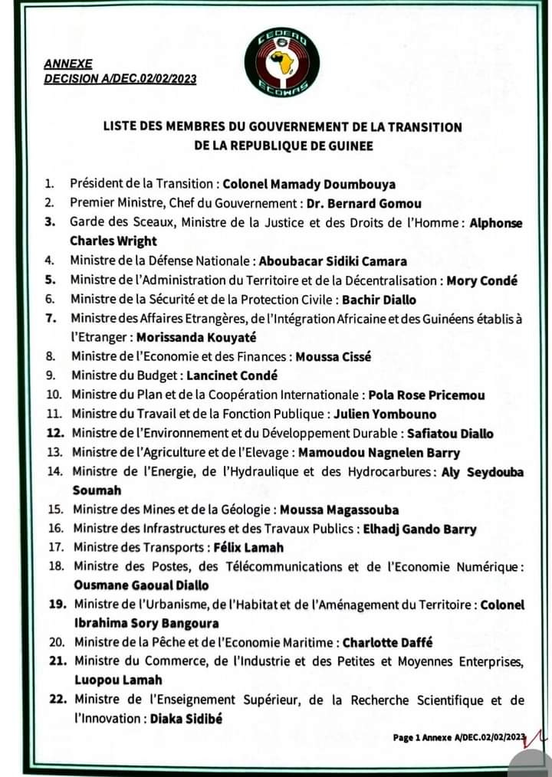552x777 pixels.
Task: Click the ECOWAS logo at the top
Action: [282, 62]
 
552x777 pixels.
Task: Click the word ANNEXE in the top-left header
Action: [67, 64]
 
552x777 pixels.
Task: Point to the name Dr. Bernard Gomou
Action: [364, 203]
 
